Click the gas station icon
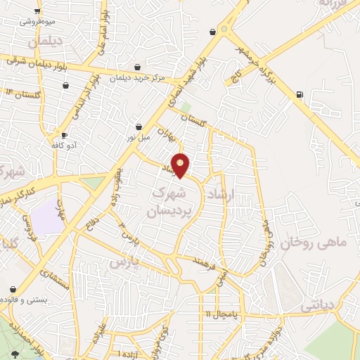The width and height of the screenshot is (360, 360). coord(300,94)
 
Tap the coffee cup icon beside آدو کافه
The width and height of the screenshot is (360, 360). coord(64,134)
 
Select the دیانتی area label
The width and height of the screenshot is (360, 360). coord(321,307)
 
